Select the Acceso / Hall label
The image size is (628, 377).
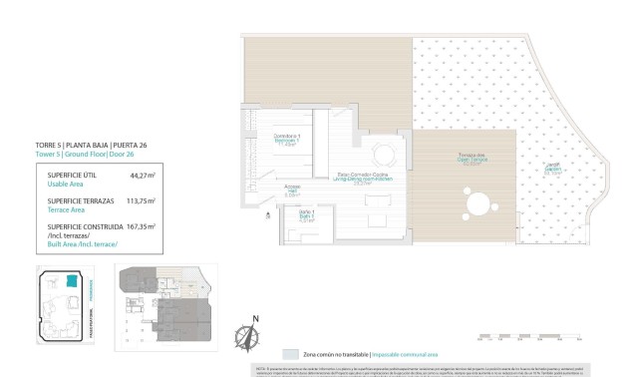(292, 190)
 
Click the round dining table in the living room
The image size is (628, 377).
(384, 155)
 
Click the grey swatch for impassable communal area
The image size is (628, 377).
(290, 354)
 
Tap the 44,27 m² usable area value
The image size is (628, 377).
(144, 175)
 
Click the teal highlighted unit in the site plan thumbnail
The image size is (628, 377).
(73, 284)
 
